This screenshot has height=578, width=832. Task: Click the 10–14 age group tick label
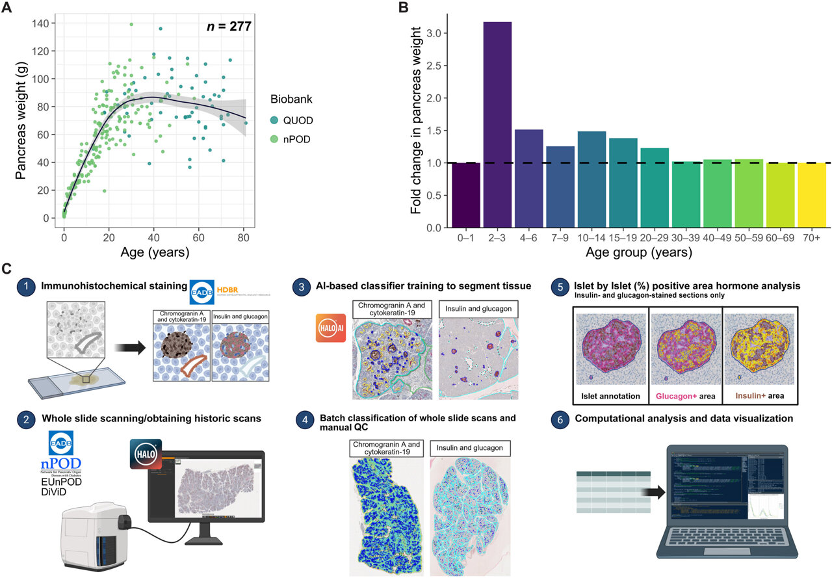tap(591, 239)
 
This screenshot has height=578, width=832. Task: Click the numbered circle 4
tap(300, 419)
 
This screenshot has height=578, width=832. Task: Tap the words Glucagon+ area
tap(686, 395)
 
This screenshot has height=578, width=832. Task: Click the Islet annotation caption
tap(610, 395)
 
